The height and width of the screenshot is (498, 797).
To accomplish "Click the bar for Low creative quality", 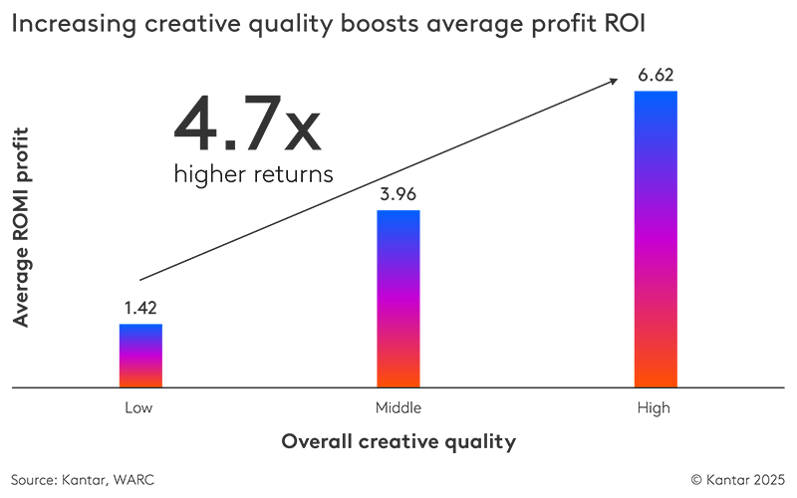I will [140, 355].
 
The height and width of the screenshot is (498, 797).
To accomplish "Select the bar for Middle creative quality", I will [398, 298].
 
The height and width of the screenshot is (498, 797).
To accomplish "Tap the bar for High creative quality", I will [656, 238].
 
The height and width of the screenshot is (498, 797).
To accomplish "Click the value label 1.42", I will [140, 309].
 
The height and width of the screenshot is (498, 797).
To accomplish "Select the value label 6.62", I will [656, 76].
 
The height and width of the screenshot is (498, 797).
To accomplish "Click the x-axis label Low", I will [138, 408].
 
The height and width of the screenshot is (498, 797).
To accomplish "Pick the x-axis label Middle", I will [398, 408].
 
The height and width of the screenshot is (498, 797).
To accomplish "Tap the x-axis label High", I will [656, 408].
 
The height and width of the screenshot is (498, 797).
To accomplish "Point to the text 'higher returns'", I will [253, 173].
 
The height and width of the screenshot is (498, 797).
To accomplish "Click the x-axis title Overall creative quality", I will [398, 440].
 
